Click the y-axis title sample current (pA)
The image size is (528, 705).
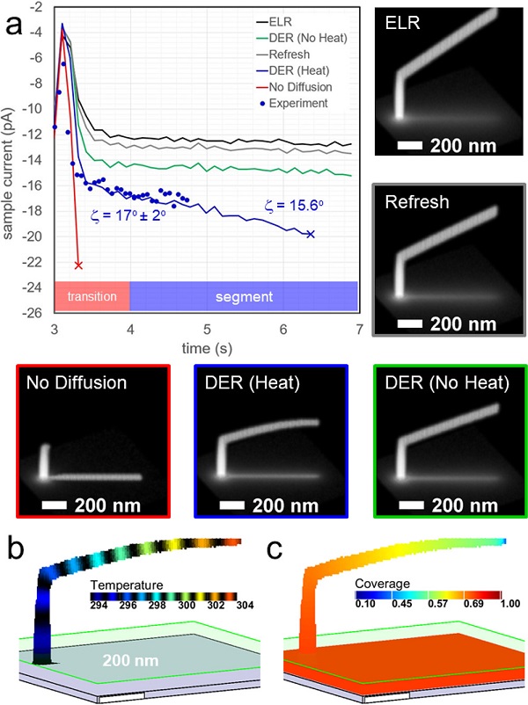tap(12, 158)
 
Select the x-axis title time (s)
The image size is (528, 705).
tap(206, 345)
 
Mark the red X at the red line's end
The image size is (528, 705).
tap(78, 265)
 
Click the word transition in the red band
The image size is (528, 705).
tap(92, 296)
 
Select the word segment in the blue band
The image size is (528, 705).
tap(243, 296)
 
